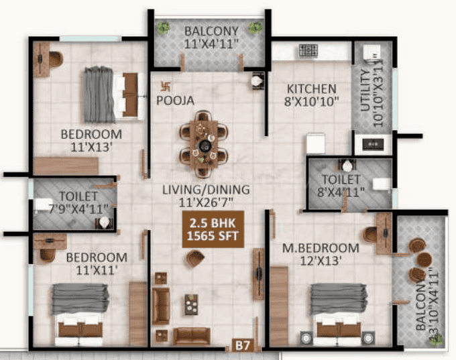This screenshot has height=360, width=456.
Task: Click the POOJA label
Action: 175,101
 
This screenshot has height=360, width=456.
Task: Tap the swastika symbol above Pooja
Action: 166,86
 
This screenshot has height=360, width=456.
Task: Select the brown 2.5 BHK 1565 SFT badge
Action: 213,229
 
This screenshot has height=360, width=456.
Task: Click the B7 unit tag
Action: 243,345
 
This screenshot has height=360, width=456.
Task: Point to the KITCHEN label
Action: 312,88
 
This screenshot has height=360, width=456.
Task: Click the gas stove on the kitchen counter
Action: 308,50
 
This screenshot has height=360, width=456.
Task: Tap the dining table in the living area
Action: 204,143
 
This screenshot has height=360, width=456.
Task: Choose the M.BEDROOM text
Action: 321,248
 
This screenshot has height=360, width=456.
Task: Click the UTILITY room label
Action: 365,90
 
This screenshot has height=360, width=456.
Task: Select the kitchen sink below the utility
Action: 373,144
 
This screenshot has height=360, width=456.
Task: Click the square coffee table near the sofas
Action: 191,304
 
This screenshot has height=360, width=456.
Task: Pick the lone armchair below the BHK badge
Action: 195,258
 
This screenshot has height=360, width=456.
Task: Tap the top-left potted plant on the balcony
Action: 163,28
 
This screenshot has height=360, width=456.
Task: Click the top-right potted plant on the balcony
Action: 255,27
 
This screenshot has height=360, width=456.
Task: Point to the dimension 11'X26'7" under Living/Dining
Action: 206,202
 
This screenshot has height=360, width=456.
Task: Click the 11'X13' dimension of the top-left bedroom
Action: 92,147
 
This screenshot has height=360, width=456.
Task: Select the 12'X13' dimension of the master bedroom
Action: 321,261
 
